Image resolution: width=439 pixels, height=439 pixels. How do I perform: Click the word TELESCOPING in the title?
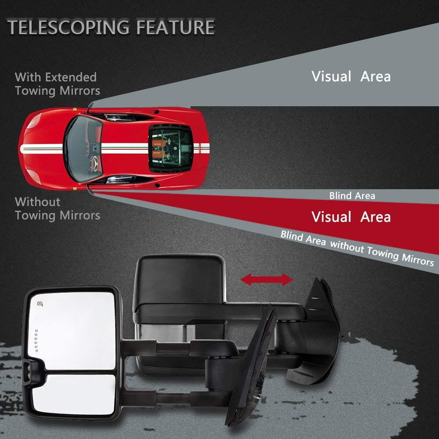pyautogui.click(x=68, y=27)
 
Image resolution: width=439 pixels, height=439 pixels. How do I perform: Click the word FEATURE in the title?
pyautogui.click(x=176, y=27)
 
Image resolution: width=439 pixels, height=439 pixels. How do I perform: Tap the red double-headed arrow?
pyautogui.click(x=266, y=280)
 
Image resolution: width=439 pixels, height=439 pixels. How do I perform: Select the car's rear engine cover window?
pyautogui.click(x=171, y=148)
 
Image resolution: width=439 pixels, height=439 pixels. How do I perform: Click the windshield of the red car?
pyautogui.click(x=83, y=149)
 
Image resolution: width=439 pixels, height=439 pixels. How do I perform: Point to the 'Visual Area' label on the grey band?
pyautogui.click(x=351, y=76)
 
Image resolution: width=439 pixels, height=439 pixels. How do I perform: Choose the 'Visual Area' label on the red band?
pyautogui.click(x=351, y=217)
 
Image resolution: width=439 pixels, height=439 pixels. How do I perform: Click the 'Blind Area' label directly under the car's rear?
pyautogui.click(x=352, y=196)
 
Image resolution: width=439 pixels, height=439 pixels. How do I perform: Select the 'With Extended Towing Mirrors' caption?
pyautogui.click(x=58, y=84)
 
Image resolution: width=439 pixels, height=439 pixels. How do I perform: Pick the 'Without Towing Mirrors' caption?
pyautogui.click(x=58, y=209)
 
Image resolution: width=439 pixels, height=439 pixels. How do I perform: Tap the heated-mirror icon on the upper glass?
pyautogui.click(x=40, y=304)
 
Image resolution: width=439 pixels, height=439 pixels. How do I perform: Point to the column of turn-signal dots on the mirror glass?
pyautogui.click(x=36, y=341)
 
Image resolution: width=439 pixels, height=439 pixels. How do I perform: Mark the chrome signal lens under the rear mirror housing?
pyautogui.click(x=165, y=333)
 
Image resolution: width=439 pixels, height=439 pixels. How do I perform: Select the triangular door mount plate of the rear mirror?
pyautogui.click(x=322, y=331)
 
